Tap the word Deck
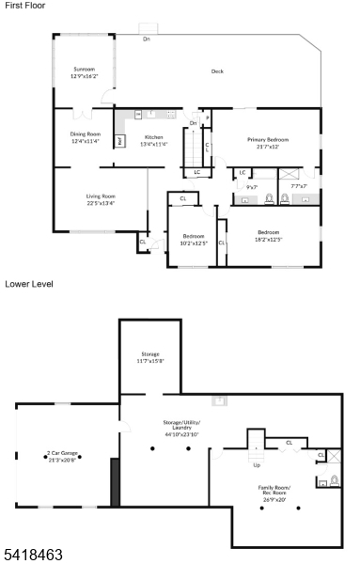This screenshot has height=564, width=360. tap(217, 71)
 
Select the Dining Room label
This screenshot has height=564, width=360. tap(84, 137)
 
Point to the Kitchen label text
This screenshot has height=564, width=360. tap(153, 141)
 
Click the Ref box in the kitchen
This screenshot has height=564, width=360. tap(120, 142)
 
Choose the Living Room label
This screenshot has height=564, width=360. tap(101, 199)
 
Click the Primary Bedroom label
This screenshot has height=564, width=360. tap(268, 143)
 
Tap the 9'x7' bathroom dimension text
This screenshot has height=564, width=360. tap(252, 186)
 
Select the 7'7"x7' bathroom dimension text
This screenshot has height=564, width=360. tap(300, 186)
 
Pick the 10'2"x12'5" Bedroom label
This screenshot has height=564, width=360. tap(193, 240)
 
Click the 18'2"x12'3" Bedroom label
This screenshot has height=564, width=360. tap(268, 235)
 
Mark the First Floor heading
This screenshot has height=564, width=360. tap(24, 6)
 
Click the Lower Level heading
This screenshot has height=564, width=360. tap(29, 283)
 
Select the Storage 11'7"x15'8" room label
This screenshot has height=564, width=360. tap(149, 357)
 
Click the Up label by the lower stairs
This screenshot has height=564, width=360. tap(258, 464)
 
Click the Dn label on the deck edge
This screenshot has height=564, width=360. tap(147, 39)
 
